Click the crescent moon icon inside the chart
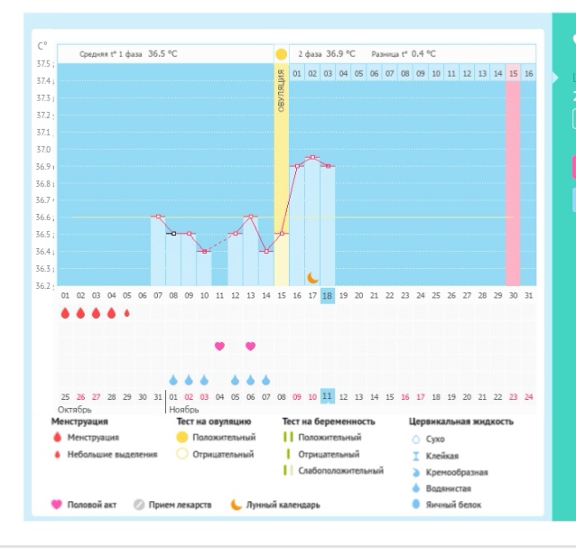pyautogui.click(x=312, y=278)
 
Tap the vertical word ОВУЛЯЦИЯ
pyautogui.click(x=281, y=90)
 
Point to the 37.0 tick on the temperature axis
pyautogui.click(x=43, y=150)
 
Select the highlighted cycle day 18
pyautogui.click(x=328, y=296)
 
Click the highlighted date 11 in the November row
pyautogui.click(x=328, y=396)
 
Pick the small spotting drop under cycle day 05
pyautogui.click(x=127, y=313)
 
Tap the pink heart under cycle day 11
pyautogui.click(x=219, y=346)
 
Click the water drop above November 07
pyautogui.click(x=266, y=380)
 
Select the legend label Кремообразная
pyautogui.click(x=457, y=472)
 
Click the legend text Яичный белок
pyautogui.click(x=453, y=505)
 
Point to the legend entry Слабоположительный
pyautogui.click(x=340, y=470)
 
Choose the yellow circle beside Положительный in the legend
pyautogui.click(x=182, y=438)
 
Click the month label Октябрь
pyautogui.click(x=75, y=410)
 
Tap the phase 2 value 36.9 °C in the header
pyautogui.click(x=340, y=54)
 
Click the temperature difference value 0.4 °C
pyautogui.click(x=423, y=54)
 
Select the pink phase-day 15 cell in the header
pyautogui.click(x=513, y=73)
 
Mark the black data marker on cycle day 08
pyautogui.click(x=173, y=233)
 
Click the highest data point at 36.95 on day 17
pyautogui.click(x=312, y=157)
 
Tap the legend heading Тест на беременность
pyautogui.click(x=329, y=422)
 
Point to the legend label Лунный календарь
pyautogui.click(x=283, y=505)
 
